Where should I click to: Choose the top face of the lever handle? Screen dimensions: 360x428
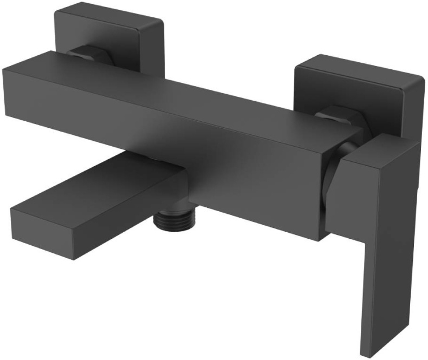coord(379,149)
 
